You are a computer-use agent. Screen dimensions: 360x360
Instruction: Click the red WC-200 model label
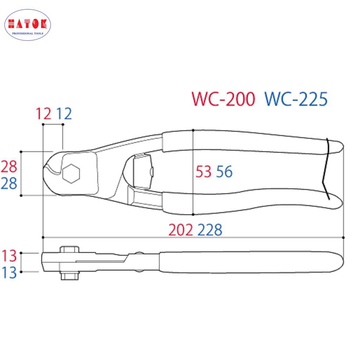pyautogui.click(x=223, y=99)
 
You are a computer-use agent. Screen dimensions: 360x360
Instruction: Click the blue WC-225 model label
pyautogui.click(x=296, y=99)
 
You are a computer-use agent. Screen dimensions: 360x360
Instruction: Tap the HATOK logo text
pyautogui.click(x=27, y=24)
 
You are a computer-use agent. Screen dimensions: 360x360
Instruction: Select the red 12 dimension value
pyautogui.click(x=44, y=114)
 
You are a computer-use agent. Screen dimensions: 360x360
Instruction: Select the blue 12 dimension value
pyautogui.click(x=64, y=114)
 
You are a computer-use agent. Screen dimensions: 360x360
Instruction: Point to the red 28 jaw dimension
pyautogui.click(x=9, y=167)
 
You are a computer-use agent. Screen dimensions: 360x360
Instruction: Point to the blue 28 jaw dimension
pyautogui.click(x=9, y=184)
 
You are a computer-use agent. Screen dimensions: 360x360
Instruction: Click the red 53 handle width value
pyautogui.click(x=204, y=172)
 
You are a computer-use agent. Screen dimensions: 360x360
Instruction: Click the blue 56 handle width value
pyautogui.click(x=224, y=172)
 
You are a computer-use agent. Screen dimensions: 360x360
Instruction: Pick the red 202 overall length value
pyautogui.click(x=181, y=230)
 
